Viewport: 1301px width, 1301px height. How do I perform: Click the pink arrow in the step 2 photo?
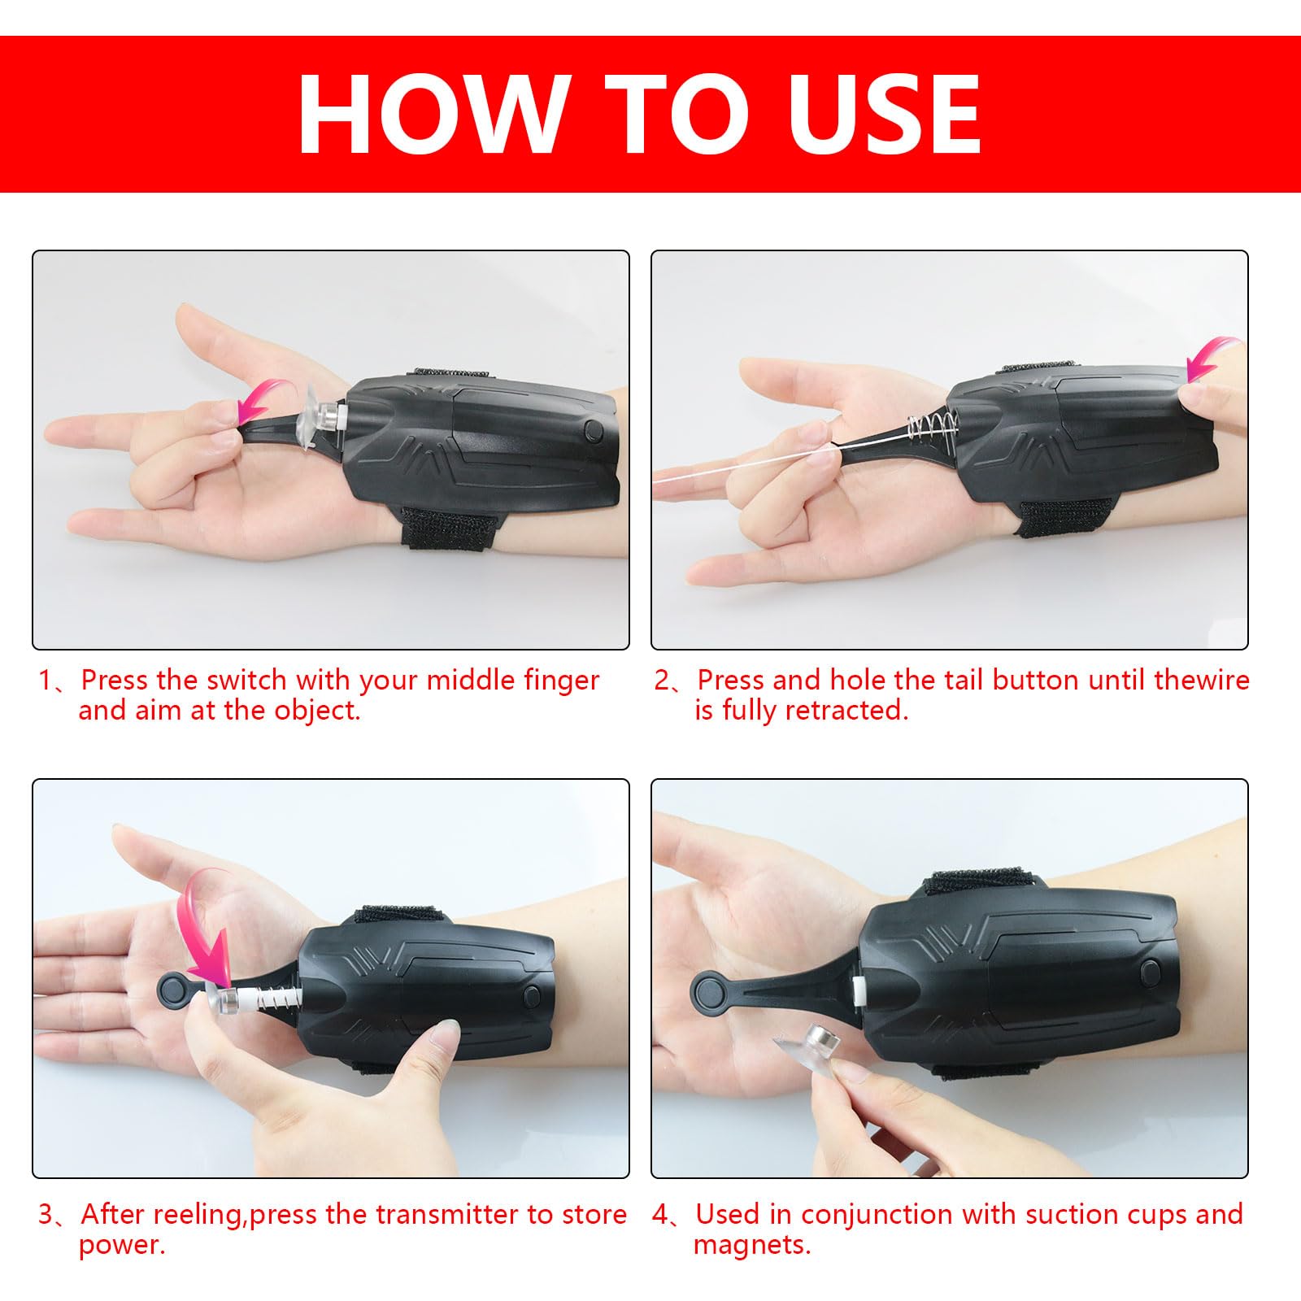tap(1213, 359)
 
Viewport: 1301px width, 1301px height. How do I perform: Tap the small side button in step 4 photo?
tap(1150, 971)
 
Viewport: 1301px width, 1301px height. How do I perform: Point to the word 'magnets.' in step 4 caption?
tap(752, 1245)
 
